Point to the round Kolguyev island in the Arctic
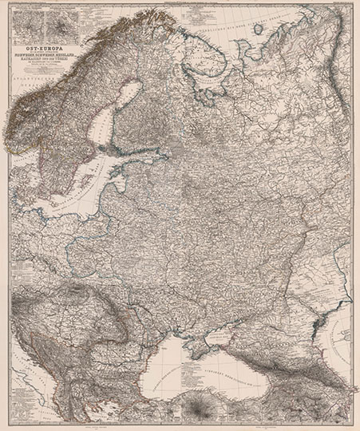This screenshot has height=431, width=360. coord(257,30)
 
